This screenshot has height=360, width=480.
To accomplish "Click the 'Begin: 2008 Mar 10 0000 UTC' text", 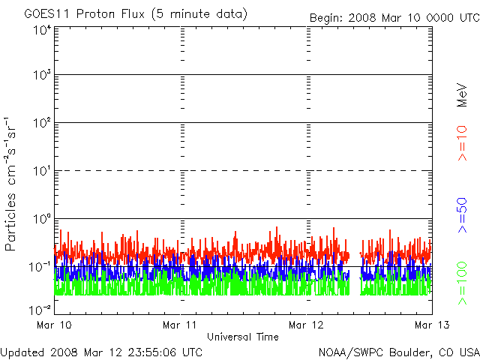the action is pyautogui.click(x=394, y=18).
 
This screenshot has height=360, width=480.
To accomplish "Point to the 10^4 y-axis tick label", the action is pyautogui.click(x=43, y=31).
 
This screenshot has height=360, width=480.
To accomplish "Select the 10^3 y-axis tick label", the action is pyautogui.click(x=43, y=75).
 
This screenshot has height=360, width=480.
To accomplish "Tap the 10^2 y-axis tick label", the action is pyautogui.click(x=43, y=123).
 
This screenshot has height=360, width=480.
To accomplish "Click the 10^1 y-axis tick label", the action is pyautogui.click(x=43, y=171).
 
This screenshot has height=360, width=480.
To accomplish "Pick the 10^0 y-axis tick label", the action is pyautogui.click(x=43, y=219).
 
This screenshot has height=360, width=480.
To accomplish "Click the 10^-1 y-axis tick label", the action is pyautogui.click(x=40, y=267).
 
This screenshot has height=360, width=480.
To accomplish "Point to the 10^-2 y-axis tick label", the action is pyautogui.click(x=40, y=310).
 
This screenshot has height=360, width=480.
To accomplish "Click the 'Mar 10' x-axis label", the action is pyautogui.click(x=54, y=325).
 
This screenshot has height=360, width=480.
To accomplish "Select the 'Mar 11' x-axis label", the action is pyautogui.click(x=180, y=325).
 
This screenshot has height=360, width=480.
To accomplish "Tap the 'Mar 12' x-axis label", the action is pyautogui.click(x=306, y=325).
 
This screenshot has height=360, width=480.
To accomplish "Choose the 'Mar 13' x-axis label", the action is pyautogui.click(x=432, y=325).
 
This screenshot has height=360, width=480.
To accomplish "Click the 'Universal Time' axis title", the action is pyautogui.click(x=243, y=337).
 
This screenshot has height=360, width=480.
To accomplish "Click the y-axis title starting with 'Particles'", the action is pyautogui.click(x=10, y=184).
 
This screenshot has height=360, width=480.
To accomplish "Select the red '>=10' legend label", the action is pyautogui.click(x=462, y=143).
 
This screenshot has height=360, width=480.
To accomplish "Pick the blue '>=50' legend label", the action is pyautogui.click(x=462, y=215).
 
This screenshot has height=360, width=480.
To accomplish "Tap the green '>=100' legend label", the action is pyautogui.click(x=462, y=283).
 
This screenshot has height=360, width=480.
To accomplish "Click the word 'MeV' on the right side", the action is pyautogui.click(x=462, y=95).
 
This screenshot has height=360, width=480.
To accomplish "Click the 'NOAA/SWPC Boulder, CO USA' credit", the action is pyautogui.click(x=399, y=352).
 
